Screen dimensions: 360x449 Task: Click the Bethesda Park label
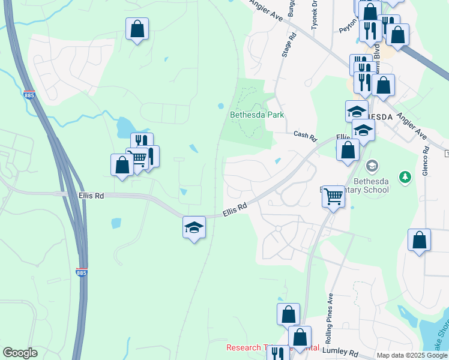[257, 115]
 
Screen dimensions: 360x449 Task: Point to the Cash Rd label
[305, 136]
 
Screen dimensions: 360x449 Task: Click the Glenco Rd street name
[426, 161]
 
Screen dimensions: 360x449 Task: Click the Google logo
[20, 353]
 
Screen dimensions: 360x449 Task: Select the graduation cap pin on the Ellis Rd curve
[194, 227]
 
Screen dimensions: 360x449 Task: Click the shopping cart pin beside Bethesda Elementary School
[333, 197]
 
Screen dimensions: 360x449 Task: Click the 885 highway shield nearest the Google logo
[82, 273]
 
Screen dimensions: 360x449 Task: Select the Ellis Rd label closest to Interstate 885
[91, 196]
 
